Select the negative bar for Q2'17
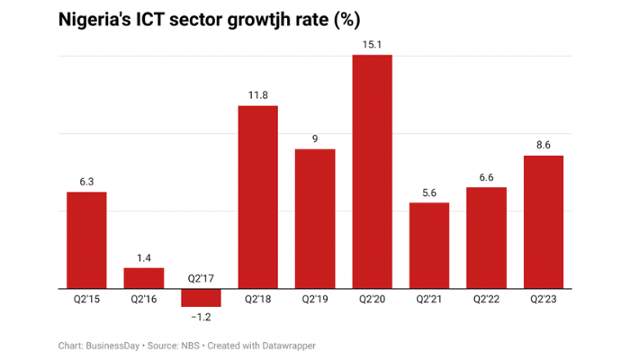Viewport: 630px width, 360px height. [x=201, y=297]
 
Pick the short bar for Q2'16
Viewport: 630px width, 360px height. [x=144, y=278]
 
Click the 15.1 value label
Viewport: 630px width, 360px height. [x=372, y=42]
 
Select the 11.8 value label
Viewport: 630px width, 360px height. [x=257, y=94]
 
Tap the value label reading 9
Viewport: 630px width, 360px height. [x=315, y=138]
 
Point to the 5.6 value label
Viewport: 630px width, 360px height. [x=428, y=191]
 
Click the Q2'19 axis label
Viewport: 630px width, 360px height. [x=315, y=299]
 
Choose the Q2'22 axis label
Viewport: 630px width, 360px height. [x=486, y=299]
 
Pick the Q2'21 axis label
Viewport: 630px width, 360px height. [x=428, y=299]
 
